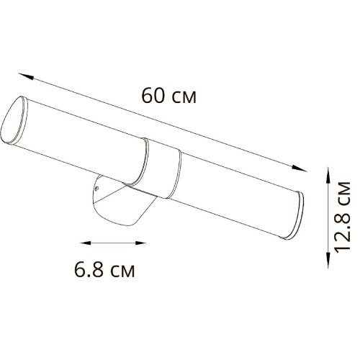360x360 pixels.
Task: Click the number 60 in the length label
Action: (153, 94)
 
